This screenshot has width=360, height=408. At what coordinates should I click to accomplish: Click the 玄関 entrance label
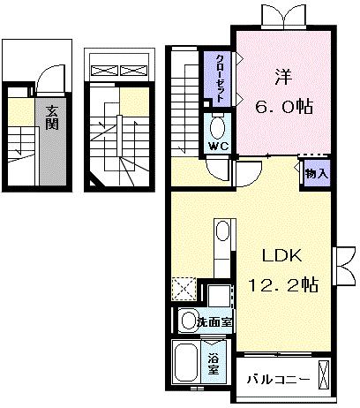point(52,117)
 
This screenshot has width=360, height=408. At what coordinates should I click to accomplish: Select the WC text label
point(219,146)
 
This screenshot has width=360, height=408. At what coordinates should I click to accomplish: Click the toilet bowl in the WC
point(218,127)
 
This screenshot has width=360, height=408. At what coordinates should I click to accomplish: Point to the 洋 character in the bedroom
point(284,77)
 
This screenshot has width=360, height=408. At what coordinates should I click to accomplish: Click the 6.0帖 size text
point(284,107)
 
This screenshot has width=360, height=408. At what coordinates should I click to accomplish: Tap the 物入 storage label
point(317,174)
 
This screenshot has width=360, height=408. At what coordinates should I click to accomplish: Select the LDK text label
point(281,255)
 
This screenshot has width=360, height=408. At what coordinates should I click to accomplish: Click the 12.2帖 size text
point(283,284)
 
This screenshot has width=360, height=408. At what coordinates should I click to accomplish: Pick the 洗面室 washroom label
point(214,322)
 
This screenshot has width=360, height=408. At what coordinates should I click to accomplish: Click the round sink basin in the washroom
point(187,321)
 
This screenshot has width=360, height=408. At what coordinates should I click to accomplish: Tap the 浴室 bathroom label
point(214,364)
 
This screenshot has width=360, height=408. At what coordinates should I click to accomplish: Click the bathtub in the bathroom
point(185,362)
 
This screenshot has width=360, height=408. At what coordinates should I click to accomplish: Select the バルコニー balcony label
point(278,380)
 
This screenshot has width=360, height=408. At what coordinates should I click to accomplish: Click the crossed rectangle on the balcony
point(324,374)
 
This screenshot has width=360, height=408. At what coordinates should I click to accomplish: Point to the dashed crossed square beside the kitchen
point(184,289)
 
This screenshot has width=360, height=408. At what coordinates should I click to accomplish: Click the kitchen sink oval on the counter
point(222,231)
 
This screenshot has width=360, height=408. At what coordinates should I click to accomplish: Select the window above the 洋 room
point(284,18)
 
